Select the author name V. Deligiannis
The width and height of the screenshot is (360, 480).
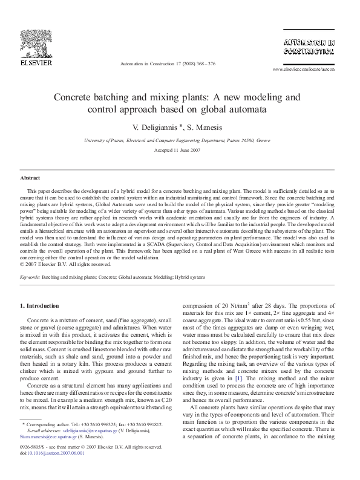coord(160,128)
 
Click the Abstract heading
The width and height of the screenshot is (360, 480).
coord(30,179)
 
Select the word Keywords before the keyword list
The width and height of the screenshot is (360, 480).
coord(30,277)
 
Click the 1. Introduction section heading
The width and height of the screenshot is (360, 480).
coord(40,306)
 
